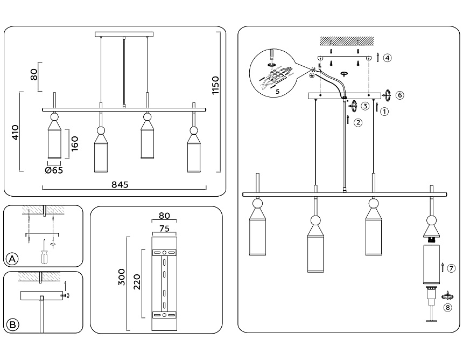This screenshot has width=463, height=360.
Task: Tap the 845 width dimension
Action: tap(120, 184)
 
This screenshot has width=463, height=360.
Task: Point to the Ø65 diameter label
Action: tap(54, 170)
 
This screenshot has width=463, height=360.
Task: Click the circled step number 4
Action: tap(387, 58)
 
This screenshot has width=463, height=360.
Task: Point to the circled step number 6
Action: tap(399, 95)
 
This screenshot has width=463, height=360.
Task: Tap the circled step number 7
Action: tap(451, 268)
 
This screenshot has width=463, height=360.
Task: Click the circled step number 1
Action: tap(384, 112)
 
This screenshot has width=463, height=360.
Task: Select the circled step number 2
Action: tap(358, 122)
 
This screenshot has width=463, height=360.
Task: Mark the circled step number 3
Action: tap(365, 106)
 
